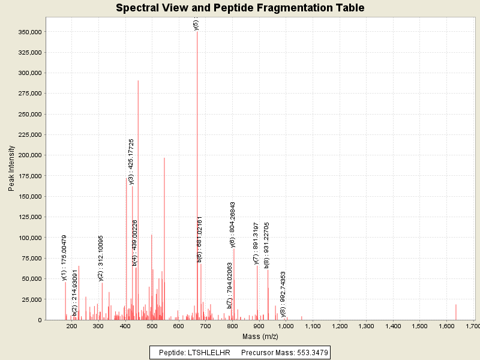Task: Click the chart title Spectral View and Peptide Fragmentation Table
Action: coord(240,8)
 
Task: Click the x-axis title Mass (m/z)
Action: coord(260,337)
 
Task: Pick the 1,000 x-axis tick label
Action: coord(286,326)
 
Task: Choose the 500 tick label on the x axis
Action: coord(152,326)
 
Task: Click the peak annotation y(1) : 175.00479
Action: coord(64,257)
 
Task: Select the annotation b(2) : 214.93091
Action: coord(75,296)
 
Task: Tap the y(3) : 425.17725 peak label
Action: coord(131,162)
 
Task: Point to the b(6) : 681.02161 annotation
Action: coord(200,239)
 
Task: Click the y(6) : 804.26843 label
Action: coord(233,224)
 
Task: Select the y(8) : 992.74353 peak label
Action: coord(283,294)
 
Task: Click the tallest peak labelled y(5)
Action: coord(197,120)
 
